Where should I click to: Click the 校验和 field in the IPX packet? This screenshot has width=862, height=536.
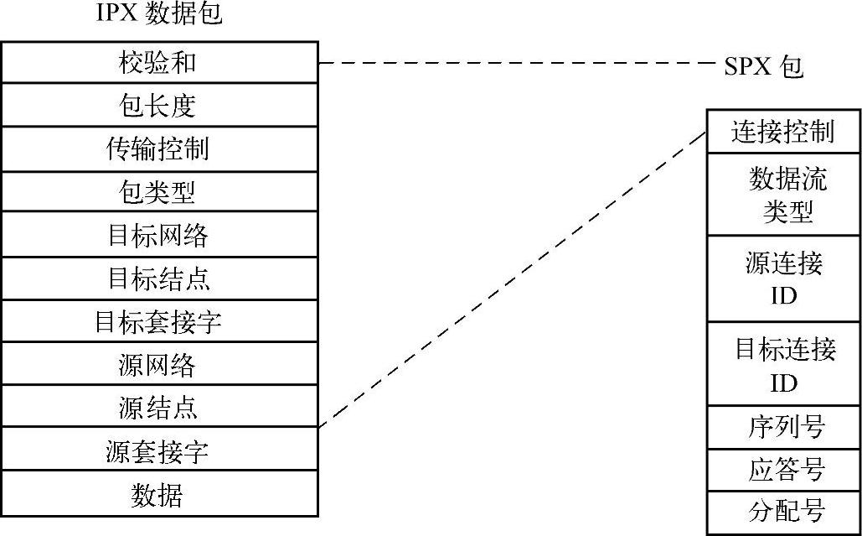pos(159,61)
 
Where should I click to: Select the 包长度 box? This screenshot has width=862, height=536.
pos(159,105)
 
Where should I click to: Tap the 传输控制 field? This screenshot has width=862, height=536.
pos(159,148)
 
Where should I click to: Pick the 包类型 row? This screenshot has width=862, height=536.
pos(159,191)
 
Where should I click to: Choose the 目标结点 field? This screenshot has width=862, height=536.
pos(159,278)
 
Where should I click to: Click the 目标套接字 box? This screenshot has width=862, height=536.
pos(159,320)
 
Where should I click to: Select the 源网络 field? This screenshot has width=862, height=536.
pos(159,364)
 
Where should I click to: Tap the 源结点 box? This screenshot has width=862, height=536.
pos(159,407)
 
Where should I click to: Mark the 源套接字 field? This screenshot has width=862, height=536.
pos(159,450)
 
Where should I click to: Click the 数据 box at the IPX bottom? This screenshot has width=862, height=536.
pos(159,494)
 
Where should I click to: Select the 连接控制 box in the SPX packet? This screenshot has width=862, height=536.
pos(783,132)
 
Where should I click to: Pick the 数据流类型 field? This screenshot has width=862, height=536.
pos(783,195)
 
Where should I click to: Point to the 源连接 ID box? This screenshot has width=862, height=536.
pos(783,278)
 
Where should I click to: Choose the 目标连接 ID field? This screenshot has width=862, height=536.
pos(783,364)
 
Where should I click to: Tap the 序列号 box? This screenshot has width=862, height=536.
pos(783,428)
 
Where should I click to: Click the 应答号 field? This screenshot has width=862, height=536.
pos(783,471)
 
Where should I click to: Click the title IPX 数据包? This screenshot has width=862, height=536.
pos(159,14)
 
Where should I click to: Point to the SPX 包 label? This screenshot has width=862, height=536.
pos(763,65)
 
